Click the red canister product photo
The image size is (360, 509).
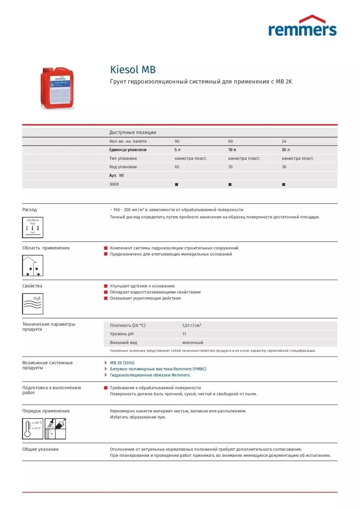[57, 88]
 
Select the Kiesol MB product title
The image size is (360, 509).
[133, 69]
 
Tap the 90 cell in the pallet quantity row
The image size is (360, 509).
[177, 141]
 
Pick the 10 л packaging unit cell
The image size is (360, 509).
[232, 150]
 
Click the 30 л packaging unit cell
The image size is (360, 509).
[286, 150]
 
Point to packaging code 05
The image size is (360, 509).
[177, 167]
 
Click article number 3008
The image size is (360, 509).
[114, 184]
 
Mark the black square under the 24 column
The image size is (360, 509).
[284, 184]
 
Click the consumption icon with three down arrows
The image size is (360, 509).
[33, 227]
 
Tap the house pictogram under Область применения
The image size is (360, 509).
[33, 265]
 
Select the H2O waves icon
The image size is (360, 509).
[33, 304]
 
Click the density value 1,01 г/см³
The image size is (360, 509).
[192, 325]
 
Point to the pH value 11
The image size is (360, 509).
[184, 334]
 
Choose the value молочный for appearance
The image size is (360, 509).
[193, 342]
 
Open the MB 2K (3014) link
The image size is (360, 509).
[122, 363]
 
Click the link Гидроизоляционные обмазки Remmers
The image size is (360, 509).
[150, 375]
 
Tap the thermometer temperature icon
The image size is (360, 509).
[33, 428]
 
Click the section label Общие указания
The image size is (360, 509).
[40, 449]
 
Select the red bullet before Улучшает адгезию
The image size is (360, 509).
[106, 286]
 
